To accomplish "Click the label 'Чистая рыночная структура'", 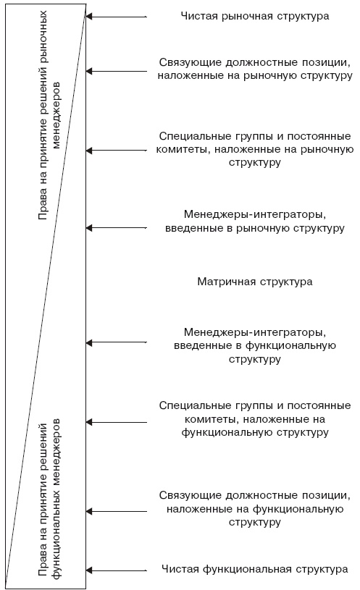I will coord(254,15).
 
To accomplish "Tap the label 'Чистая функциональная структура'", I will coord(254,569).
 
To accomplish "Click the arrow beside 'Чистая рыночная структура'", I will coord(116,15).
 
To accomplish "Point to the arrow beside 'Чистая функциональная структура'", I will coord(116,569).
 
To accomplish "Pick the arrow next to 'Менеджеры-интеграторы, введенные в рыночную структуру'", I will coord(116,227).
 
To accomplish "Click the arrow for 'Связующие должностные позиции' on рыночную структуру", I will coord(116,70).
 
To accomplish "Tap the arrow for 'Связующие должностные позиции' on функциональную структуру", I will coord(116,510).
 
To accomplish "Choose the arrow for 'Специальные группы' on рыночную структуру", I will coord(116,150).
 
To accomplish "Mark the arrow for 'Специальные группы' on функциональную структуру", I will coord(116,421).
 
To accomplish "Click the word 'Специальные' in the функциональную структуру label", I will coord(189,405).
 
